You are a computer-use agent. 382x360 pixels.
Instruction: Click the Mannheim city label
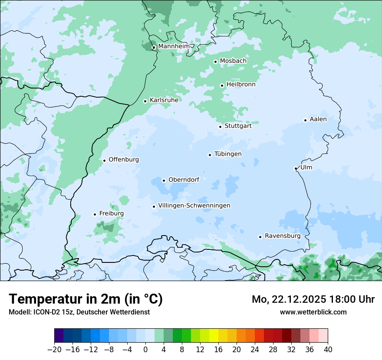[x=174, y=46]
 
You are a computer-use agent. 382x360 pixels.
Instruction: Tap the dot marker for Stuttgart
[x=220, y=127]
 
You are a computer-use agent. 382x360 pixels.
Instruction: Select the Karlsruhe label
[x=164, y=100]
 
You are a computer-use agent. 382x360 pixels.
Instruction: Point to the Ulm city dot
[x=296, y=168]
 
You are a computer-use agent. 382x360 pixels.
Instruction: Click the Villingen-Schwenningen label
[x=194, y=206]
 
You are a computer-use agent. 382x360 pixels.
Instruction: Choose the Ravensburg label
[x=283, y=236]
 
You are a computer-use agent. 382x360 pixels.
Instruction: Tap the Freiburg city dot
[x=95, y=214]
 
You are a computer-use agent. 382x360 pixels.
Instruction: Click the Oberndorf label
[x=184, y=180]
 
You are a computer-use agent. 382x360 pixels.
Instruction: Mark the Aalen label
[x=318, y=119]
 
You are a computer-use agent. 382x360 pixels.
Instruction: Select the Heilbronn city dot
[x=222, y=85]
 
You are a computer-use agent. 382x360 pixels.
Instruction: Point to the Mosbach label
[x=233, y=61]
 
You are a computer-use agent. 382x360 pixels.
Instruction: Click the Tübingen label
[x=228, y=154]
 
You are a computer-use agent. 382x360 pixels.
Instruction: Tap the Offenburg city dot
[x=104, y=160]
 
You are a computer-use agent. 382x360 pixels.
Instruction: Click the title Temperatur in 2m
[x=86, y=299]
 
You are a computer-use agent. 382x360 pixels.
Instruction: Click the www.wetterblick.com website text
[x=313, y=312]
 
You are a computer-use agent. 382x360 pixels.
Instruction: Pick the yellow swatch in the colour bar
[x=214, y=335]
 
